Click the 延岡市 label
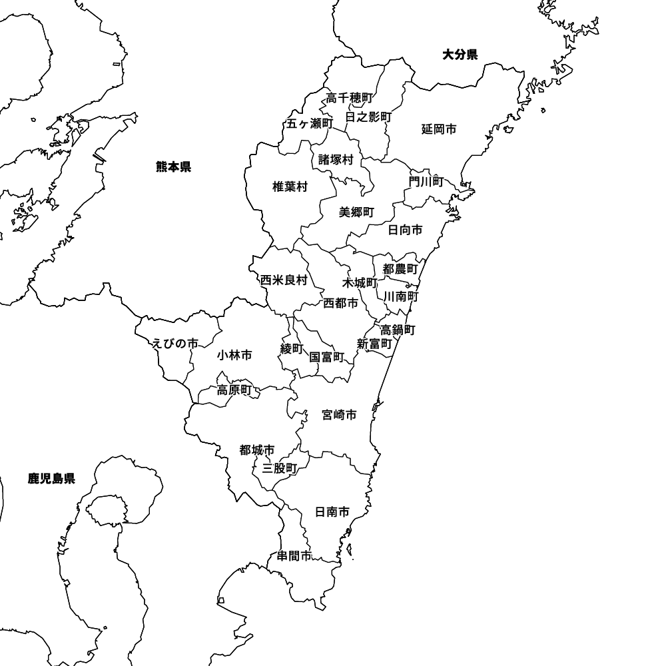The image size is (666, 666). (x=439, y=129)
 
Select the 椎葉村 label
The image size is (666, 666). (x=290, y=187)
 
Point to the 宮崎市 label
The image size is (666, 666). (x=338, y=416)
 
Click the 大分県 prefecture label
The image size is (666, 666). (x=460, y=55)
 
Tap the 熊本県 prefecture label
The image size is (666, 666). (x=173, y=166)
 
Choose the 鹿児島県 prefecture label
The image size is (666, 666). (x=51, y=478)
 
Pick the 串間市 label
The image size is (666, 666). (x=294, y=556)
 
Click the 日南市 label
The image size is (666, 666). (x=332, y=512)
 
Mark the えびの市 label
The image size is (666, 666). (x=175, y=344)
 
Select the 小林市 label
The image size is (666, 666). (x=234, y=356)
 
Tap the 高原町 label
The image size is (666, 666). (x=234, y=390)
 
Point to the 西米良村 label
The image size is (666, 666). (x=284, y=280)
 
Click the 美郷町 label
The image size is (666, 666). (x=356, y=212)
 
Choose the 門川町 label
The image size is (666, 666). (x=426, y=181)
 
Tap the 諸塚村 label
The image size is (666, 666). (x=335, y=160)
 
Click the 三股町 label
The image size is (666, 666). (x=280, y=468)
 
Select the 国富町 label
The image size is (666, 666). (x=326, y=357)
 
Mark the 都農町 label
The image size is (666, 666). (x=400, y=270)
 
